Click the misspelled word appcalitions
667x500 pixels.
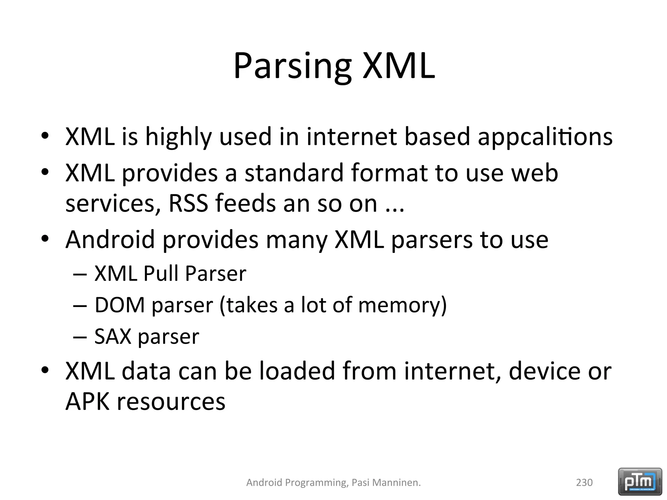[545, 136]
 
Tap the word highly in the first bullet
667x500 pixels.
[178, 136]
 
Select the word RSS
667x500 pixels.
[188, 203]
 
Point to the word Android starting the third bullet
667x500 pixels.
[110, 239]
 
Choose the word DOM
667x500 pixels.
[120, 305]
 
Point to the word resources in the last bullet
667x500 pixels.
[171, 401]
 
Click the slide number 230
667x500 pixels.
[584, 482]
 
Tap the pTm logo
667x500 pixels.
[640, 481]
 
